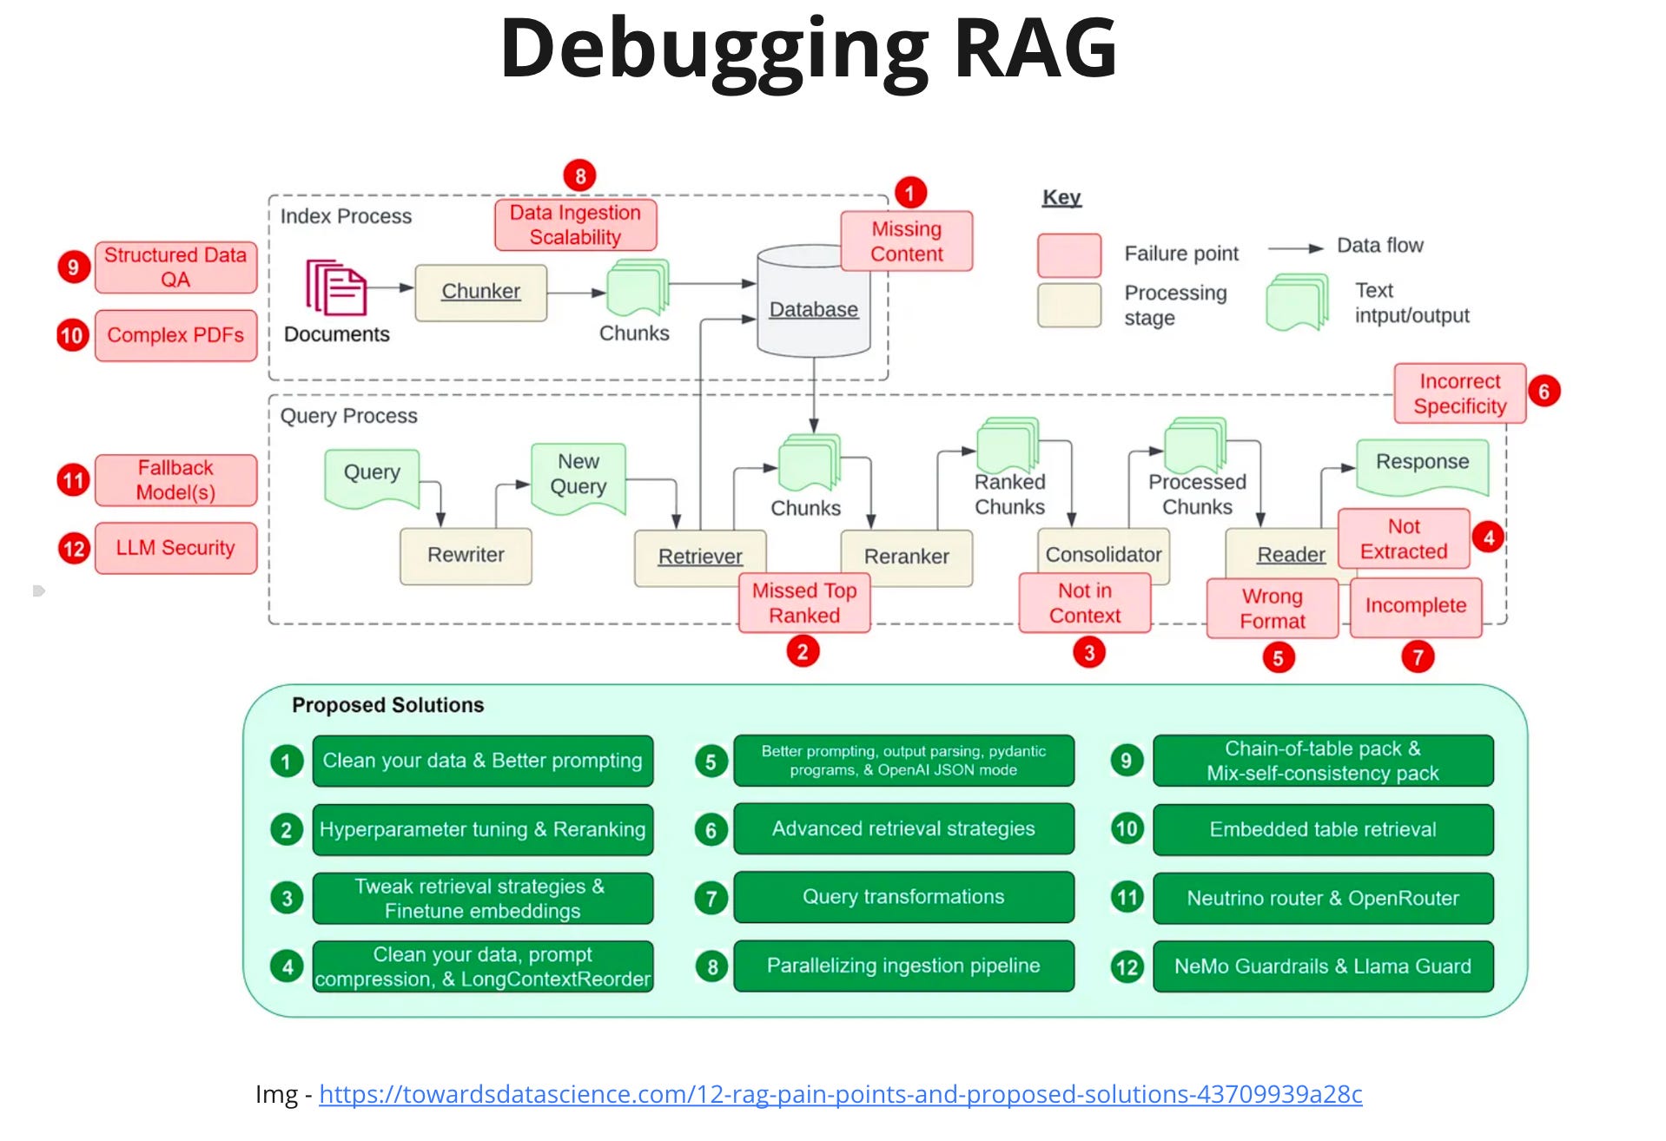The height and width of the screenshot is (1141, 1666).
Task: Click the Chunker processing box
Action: click(x=480, y=292)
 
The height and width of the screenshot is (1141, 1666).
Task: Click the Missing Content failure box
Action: click(x=906, y=241)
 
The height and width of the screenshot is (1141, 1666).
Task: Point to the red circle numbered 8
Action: click(x=579, y=176)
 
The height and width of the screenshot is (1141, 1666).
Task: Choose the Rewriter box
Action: click(x=466, y=555)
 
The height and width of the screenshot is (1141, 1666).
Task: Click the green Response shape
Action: click(x=1422, y=465)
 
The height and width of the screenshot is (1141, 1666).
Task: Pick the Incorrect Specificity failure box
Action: click(x=1459, y=393)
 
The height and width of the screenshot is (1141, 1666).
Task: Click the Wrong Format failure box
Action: click(x=1272, y=609)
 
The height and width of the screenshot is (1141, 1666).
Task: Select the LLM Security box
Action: click(x=175, y=548)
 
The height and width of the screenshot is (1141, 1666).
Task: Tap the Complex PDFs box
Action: click(x=175, y=335)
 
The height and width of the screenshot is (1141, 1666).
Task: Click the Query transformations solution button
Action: click(x=903, y=897)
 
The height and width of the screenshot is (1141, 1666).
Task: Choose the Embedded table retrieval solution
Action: click(x=1322, y=829)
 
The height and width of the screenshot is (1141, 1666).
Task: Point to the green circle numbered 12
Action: click(x=1127, y=966)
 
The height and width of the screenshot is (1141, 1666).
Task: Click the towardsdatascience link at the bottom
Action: click(x=840, y=1094)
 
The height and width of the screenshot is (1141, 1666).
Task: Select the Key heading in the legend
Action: click(x=1061, y=197)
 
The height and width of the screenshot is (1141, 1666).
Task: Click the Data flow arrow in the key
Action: click(x=1295, y=248)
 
